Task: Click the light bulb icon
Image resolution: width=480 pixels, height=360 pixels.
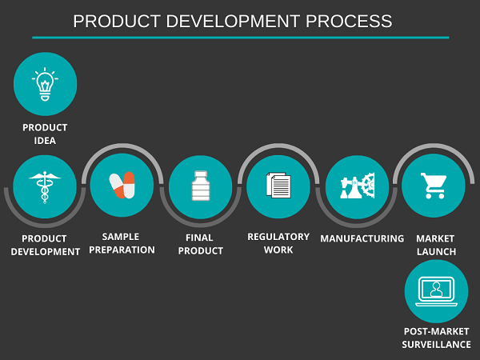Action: (45, 84)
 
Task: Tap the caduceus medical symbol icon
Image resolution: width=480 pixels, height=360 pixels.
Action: (45, 187)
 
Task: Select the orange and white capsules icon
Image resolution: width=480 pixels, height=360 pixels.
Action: (122, 185)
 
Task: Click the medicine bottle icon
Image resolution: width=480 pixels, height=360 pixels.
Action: (201, 186)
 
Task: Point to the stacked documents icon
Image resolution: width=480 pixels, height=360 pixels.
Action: (278, 186)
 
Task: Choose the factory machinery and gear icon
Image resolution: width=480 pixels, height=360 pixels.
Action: (358, 186)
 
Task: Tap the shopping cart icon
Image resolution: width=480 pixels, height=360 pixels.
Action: (434, 186)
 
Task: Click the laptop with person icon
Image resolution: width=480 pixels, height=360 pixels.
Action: (436, 291)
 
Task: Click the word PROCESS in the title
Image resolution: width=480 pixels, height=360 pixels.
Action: (349, 21)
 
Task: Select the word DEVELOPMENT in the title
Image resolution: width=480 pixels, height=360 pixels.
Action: (233, 21)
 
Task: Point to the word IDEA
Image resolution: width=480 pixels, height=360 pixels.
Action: (45, 141)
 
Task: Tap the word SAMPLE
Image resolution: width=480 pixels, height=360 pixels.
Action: (121, 237)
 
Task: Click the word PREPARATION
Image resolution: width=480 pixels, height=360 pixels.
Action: (122, 250)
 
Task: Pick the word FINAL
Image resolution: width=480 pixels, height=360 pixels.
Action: (199, 238)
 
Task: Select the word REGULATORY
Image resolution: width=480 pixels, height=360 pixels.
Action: (278, 237)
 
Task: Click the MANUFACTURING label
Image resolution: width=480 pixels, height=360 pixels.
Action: (362, 238)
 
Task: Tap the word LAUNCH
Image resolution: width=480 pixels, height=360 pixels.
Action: (436, 252)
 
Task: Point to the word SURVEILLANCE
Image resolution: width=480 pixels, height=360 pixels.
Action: (436, 345)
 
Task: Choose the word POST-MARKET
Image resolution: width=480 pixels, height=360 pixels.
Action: (436, 331)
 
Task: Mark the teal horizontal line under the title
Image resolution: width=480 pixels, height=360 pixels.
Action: (241, 38)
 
